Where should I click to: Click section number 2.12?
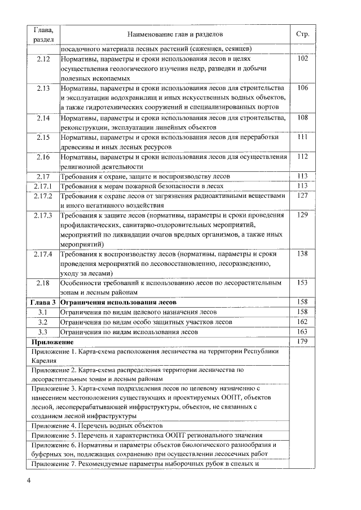(43, 58)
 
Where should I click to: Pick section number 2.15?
(43, 137)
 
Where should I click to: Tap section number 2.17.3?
(43, 215)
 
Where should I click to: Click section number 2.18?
(43, 283)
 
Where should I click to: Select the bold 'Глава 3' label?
(43, 303)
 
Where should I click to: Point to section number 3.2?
(43, 322)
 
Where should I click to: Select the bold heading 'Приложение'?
(52, 342)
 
